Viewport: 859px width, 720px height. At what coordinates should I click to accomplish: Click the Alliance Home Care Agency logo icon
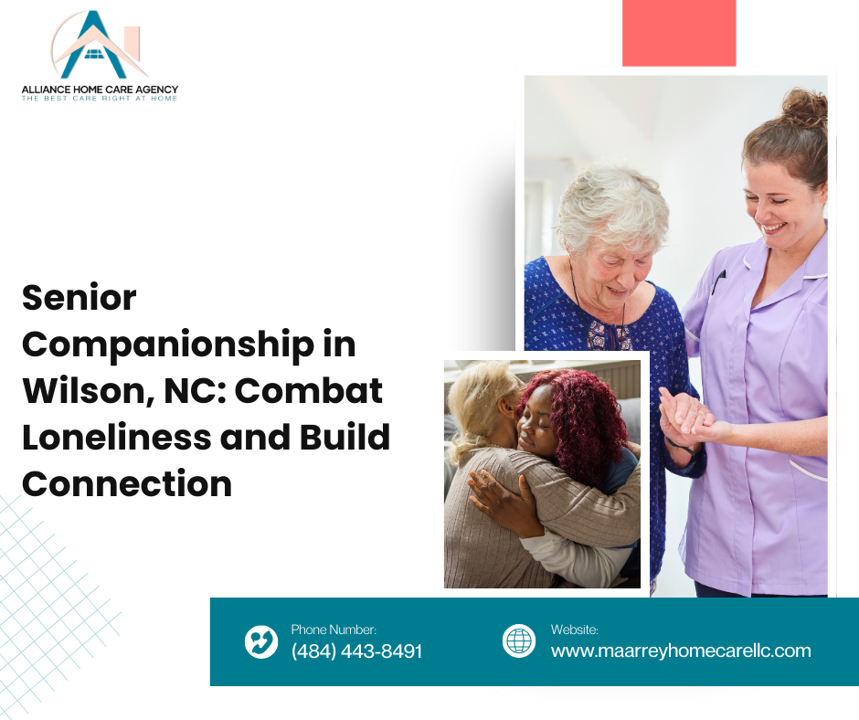tap(99, 45)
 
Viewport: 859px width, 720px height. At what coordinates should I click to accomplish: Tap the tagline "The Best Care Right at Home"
tap(100, 99)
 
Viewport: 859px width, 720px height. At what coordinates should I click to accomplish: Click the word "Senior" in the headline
tap(79, 298)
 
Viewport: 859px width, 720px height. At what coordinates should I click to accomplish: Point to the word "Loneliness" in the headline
tap(117, 438)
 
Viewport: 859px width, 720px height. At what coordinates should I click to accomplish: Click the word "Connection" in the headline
tap(127, 484)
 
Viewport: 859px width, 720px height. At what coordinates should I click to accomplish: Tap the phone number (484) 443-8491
tap(356, 651)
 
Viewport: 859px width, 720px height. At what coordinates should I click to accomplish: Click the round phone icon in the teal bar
tap(261, 641)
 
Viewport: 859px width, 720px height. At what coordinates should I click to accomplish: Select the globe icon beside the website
tap(519, 641)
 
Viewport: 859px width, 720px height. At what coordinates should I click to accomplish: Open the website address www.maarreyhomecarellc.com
tap(681, 651)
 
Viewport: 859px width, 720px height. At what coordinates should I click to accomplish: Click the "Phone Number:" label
tap(334, 630)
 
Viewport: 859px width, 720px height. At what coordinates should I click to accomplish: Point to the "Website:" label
tap(575, 630)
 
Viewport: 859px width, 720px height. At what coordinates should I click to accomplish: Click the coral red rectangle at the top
tap(679, 33)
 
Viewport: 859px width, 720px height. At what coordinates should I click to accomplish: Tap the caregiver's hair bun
tap(804, 108)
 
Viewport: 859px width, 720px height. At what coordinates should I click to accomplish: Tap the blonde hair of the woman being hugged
tap(478, 406)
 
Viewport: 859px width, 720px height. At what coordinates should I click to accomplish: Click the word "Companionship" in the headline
tap(168, 346)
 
